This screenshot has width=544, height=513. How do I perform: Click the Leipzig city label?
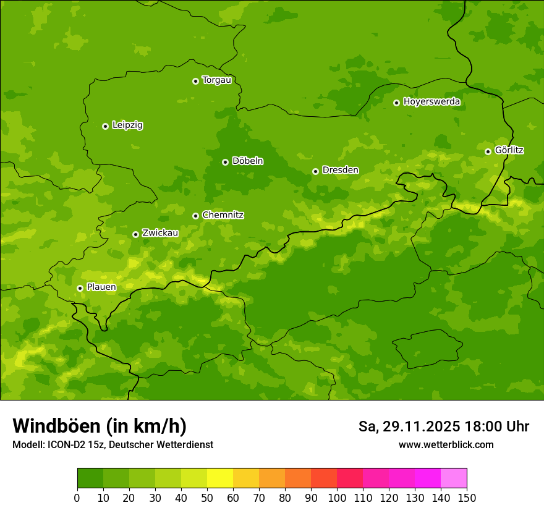coord(127,125)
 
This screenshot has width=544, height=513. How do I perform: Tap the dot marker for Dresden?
coord(315,171)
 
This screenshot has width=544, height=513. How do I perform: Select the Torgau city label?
coord(216,80)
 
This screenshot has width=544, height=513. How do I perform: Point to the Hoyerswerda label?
coord(431,101)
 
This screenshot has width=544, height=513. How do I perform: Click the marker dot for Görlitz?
coord(488,151)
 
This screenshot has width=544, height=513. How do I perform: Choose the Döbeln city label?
coord(247,161)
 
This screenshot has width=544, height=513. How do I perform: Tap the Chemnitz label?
coord(223,215)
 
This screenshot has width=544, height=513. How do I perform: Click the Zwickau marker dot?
coord(135,234)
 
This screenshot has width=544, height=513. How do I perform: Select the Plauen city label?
coord(101,287)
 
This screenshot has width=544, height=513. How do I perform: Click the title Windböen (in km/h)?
coord(100,426)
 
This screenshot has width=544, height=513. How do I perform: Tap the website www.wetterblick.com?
coord(446,444)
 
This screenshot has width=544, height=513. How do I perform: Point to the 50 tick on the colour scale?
coord(207,497)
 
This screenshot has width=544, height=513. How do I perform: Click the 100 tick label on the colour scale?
coord(337,497)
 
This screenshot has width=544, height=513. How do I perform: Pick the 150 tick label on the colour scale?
coord(467,497)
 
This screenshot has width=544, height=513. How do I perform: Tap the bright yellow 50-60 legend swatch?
coord(220,478)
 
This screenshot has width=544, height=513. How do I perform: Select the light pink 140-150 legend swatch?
coord(454,478)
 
